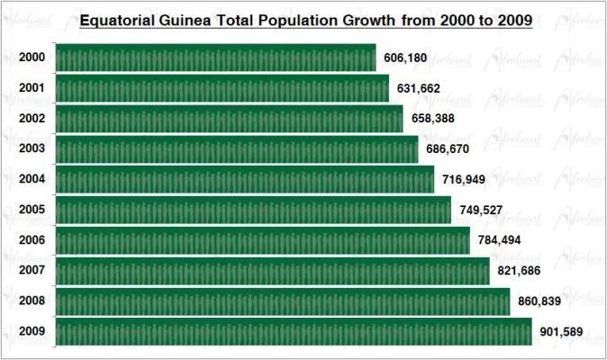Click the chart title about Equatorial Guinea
[x=305, y=19]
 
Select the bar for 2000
[x=216, y=58]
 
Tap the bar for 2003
[x=237, y=148]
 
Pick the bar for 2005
[x=253, y=210]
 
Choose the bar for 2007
[x=273, y=271]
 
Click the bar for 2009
[x=294, y=332]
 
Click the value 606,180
[x=405, y=58]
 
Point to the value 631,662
[x=419, y=88]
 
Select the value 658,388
[x=433, y=119]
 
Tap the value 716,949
[x=464, y=179]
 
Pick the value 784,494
[x=499, y=240]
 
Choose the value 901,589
[x=561, y=332]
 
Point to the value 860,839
[x=539, y=301]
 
